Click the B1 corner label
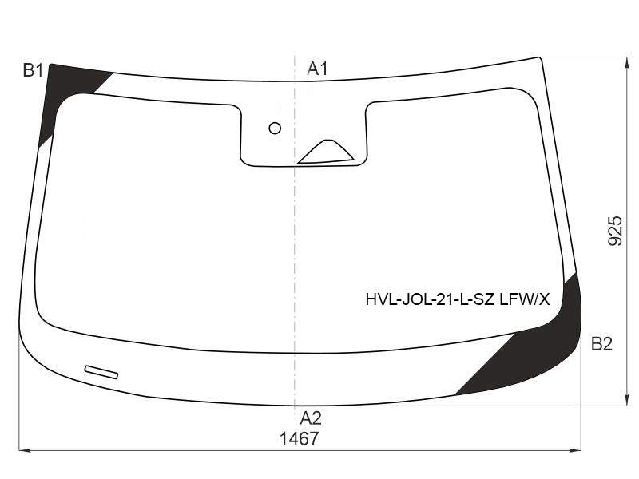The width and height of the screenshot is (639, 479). (x=33, y=71)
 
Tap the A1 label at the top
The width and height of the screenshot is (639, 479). (x=317, y=69)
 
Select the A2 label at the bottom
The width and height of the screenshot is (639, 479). (x=311, y=418)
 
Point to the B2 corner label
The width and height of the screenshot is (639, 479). (x=601, y=344)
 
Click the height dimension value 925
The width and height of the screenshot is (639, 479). (x=615, y=231)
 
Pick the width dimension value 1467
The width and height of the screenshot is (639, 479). (x=299, y=439)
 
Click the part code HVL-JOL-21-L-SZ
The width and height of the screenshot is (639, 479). (x=431, y=300)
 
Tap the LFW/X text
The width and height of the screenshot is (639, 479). (x=525, y=300)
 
